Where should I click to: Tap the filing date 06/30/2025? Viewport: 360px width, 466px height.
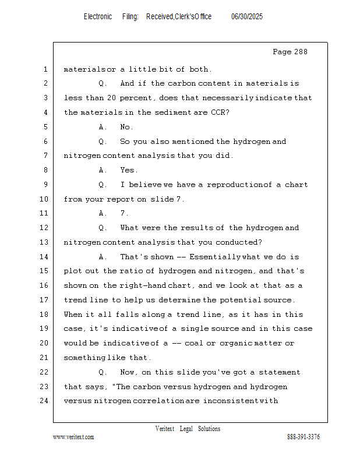[x=247, y=17]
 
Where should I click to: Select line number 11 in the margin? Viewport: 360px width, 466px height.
[x=45, y=213]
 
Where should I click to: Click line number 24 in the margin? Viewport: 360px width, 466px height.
[x=45, y=401]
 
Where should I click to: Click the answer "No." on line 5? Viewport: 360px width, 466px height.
[x=126, y=127]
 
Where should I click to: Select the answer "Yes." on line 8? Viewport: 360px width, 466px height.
[x=129, y=170]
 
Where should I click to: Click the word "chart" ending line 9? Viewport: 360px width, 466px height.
[x=297, y=185]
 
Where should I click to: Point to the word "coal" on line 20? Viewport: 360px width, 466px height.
[x=201, y=343]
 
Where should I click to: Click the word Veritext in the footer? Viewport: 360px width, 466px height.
[x=165, y=429]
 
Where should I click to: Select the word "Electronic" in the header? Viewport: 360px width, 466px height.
[x=98, y=17]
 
